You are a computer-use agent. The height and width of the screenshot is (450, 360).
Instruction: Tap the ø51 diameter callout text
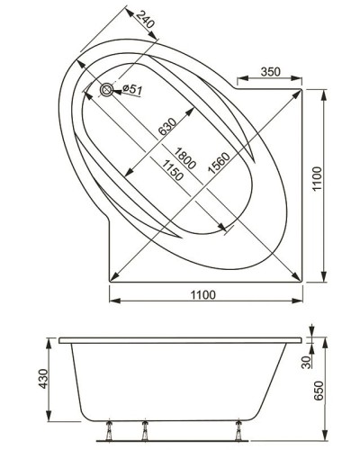pos(129,88)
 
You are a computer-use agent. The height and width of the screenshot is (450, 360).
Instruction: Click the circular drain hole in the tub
pos(108,89)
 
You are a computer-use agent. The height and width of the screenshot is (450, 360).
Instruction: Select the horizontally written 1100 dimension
pos(207,295)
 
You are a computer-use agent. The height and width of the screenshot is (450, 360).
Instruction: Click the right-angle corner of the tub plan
pos(304,279)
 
